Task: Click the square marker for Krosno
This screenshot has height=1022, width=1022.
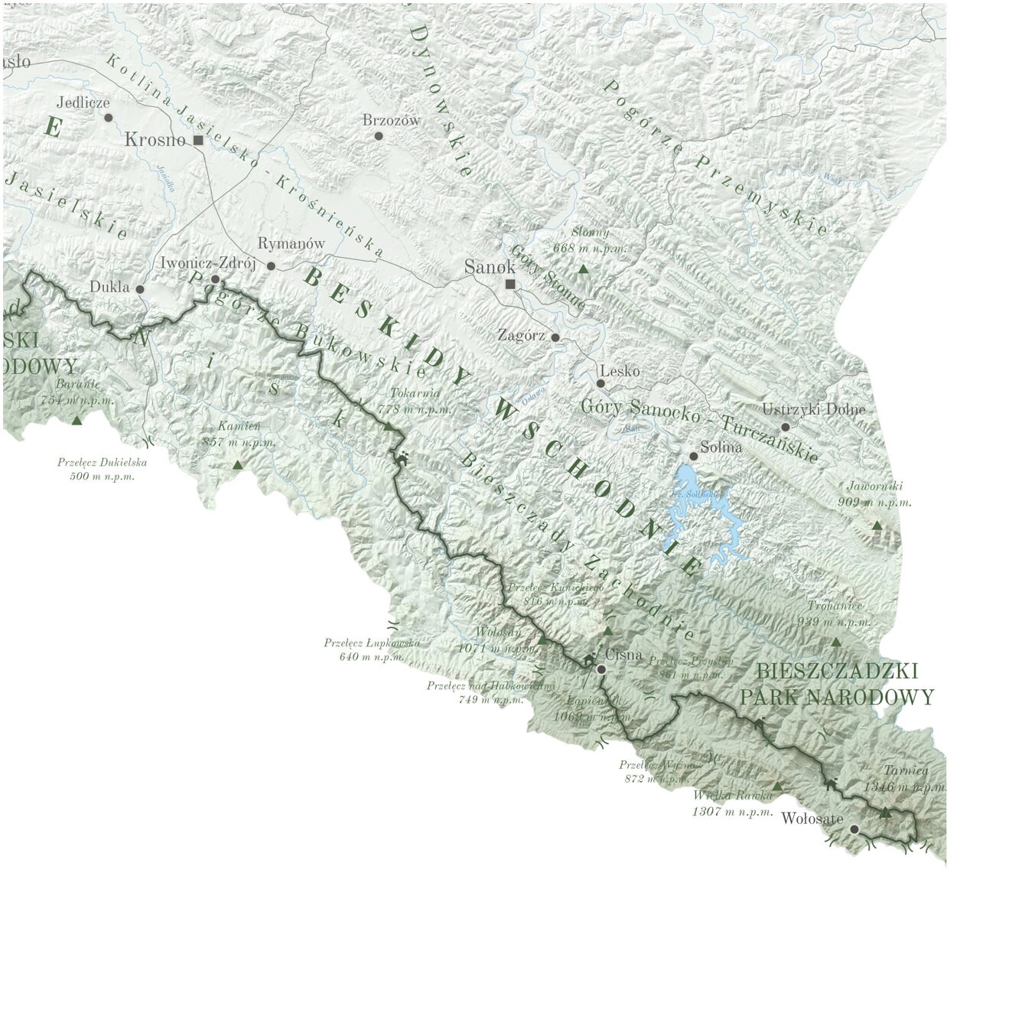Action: pyautogui.click(x=198, y=140)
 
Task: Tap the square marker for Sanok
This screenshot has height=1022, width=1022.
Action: pyautogui.click(x=510, y=285)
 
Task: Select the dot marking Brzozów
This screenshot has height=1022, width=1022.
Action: pyautogui.click(x=378, y=135)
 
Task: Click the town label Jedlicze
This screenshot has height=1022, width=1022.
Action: pyautogui.click(x=83, y=102)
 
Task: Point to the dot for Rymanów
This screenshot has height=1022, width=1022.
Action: pyautogui.click(x=271, y=265)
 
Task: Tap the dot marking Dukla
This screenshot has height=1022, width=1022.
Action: pyautogui.click(x=140, y=289)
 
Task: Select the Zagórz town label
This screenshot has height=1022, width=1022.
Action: pyautogui.click(x=521, y=335)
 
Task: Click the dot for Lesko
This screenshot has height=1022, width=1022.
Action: pyautogui.click(x=601, y=383)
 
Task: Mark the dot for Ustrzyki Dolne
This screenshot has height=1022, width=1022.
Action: pyautogui.click(x=785, y=426)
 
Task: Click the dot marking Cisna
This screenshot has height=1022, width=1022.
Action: pyautogui.click(x=601, y=669)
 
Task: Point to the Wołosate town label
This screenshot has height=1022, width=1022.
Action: pyautogui.click(x=812, y=819)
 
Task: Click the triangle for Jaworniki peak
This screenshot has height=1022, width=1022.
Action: pyautogui.click(x=877, y=526)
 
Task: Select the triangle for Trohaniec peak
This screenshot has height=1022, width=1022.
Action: pyautogui.click(x=836, y=643)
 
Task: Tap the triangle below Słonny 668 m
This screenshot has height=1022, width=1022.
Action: pyautogui.click(x=584, y=269)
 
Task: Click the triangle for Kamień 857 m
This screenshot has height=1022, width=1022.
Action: pyautogui.click(x=237, y=465)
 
